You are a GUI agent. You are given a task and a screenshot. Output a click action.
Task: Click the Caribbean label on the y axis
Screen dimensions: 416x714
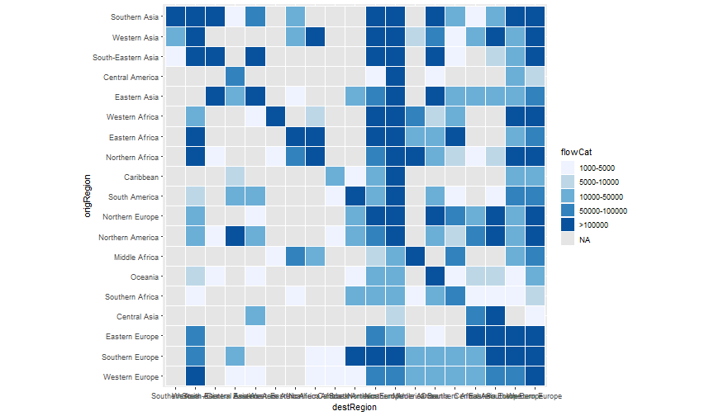(144, 176)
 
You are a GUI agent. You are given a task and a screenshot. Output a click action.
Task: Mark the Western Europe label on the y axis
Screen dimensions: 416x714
(135, 376)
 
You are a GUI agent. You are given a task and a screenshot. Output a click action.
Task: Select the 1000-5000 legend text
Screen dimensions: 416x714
(596, 167)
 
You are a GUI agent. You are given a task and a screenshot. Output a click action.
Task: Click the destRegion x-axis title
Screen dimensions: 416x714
(355, 407)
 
